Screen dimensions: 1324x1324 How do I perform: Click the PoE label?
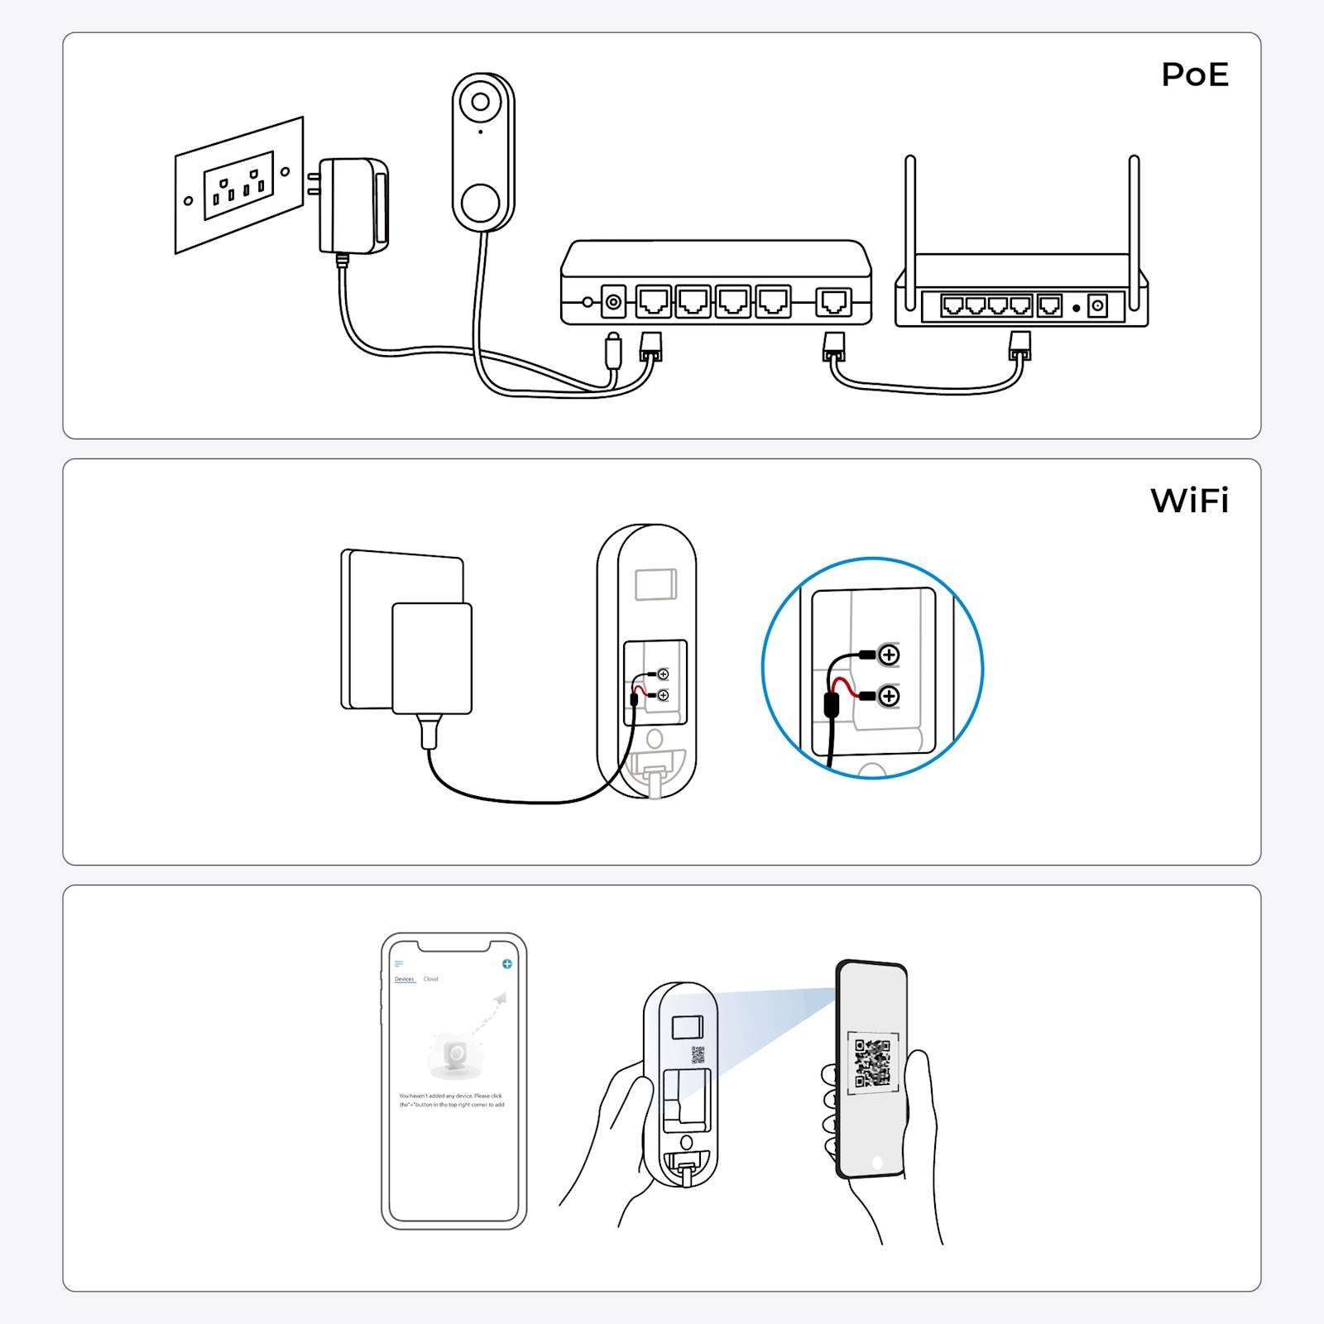(1194, 74)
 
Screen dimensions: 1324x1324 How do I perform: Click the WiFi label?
(1189, 501)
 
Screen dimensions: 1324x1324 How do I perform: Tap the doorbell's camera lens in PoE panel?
(480, 103)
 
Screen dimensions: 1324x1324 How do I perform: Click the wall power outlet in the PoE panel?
(238, 185)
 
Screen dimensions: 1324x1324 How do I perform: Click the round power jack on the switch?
(613, 302)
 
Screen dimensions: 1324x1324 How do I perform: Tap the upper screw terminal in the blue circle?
(889, 655)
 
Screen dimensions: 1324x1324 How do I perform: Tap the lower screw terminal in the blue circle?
(889, 696)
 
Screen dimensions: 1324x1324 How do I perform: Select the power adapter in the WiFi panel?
(431, 658)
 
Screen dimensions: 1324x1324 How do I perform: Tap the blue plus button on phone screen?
(507, 964)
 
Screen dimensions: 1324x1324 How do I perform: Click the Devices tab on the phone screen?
(404, 979)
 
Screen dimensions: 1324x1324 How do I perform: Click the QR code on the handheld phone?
(873, 1063)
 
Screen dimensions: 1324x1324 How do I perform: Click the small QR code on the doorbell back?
(698, 1054)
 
